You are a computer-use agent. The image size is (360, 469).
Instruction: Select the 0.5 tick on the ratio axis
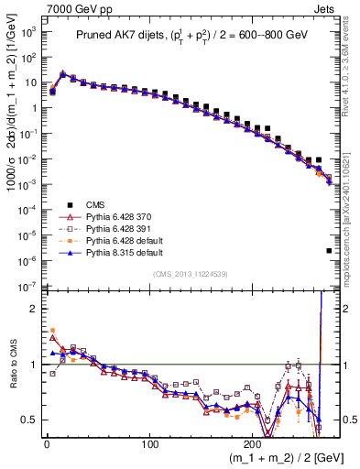pyautogui.click(x=29, y=420)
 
